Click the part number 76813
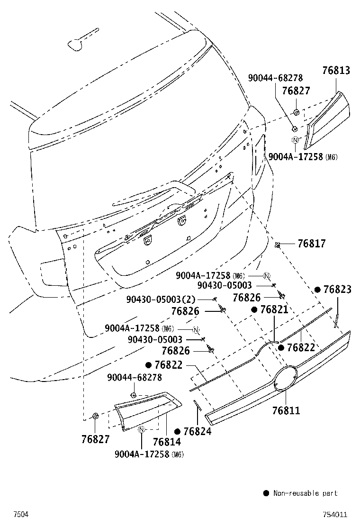pyautogui.click(x=336, y=70)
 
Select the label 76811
pyautogui.click(x=286, y=410)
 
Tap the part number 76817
pyautogui.click(x=312, y=243)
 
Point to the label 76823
pyautogui.click(x=337, y=290)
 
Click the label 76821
pyautogui.click(x=274, y=309)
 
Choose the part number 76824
pyautogui.click(x=198, y=432)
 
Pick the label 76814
pyautogui.click(x=167, y=442)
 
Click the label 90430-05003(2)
pyautogui.click(x=161, y=299)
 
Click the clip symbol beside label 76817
pyautogui.click(x=278, y=245)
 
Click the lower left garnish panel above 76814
pyautogui.click(x=148, y=411)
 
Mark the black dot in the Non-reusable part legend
pyautogui.click(x=266, y=493)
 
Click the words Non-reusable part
pyautogui.click(x=306, y=493)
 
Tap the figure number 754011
pyautogui.click(x=335, y=515)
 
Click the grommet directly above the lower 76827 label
pyautogui.click(x=95, y=416)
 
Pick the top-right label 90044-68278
pyautogui.click(x=275, y=78)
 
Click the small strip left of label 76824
pyautogui.click(x=197, y=405)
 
